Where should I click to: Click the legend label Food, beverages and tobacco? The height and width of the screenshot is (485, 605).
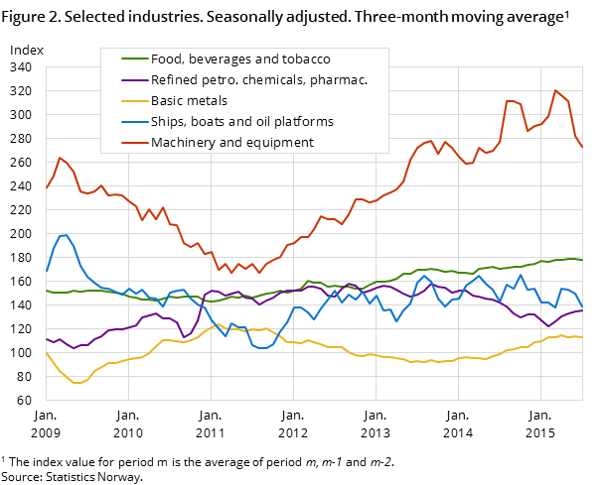point(240,60)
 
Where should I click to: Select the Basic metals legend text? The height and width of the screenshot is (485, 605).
point(189,101)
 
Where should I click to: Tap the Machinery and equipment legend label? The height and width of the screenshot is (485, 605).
point(231,143)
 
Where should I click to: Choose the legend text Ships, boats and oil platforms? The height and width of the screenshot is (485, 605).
point(241,122)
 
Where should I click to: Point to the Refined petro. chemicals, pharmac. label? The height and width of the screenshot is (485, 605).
point(258,80)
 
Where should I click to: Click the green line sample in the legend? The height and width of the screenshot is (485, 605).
point(127,60)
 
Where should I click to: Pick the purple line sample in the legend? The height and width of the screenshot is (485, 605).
point(127,80)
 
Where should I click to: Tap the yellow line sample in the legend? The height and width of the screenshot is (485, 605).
point(127,101)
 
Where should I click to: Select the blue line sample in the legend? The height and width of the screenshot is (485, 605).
point(127,122)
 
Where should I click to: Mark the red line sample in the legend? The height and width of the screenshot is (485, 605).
point(127,143)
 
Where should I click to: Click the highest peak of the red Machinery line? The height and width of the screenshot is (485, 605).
point(555,90)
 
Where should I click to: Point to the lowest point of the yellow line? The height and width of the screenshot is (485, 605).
point(76,383)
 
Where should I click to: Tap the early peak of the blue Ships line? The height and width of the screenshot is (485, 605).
point(66,235)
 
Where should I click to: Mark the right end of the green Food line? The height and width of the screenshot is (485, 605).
point(582,260)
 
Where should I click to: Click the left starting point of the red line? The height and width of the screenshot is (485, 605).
point(46,187)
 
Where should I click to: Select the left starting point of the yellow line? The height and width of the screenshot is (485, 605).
point(46,352)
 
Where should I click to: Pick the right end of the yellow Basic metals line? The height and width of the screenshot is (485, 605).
point(582,337)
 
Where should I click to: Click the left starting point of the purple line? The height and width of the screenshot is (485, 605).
point(46,338)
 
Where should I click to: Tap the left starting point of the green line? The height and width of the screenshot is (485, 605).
point(46,291)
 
